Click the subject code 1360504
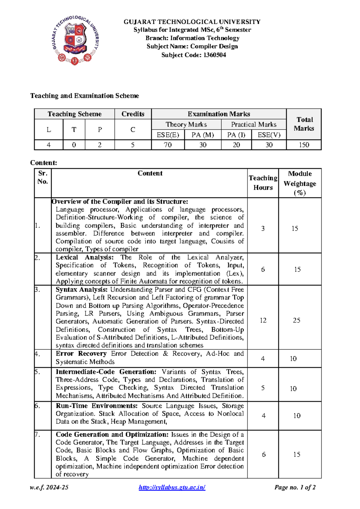click(x=214, y=55)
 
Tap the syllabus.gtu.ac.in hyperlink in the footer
click(x=172, y=487)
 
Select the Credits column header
click(x=133, y=114)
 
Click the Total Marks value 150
click(x=304, y=145)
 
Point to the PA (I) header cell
click(x=236, y=135)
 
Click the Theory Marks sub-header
click(x=186, y=125)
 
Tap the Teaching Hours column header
click(x=263, y=182)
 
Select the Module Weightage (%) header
click(x=300, y=183)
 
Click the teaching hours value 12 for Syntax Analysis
click(x=263, y=321)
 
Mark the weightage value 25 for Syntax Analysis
click(x=296, y=321)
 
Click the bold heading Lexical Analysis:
click(x=85, y=258)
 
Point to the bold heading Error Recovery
click(x=81, y=354)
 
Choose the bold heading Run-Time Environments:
click(x=97, y=406)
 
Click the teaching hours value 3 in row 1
click(x=263, y=229)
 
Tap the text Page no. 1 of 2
click(x=295, y=487)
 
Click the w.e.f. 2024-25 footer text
click(x=49, y=487)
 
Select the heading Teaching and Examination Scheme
click(x=85, y=96)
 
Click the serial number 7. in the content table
click(x=37, y=435)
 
